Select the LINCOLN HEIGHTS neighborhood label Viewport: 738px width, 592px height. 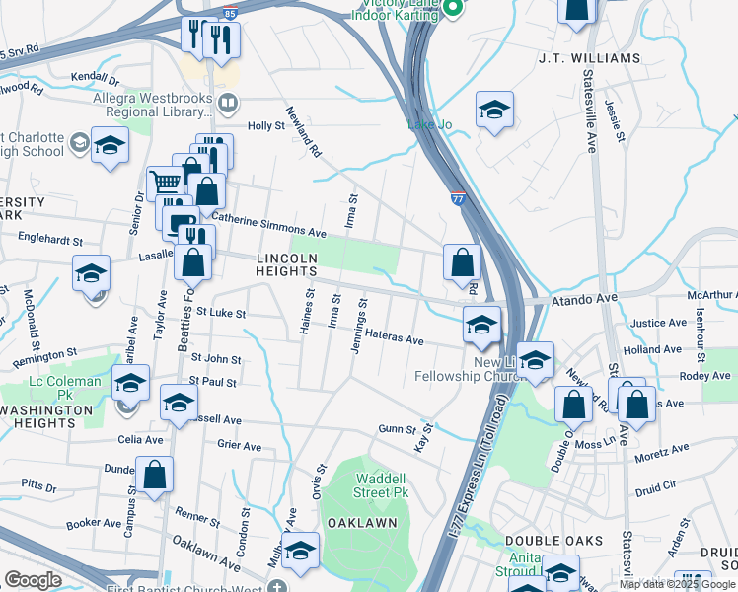(x=286, y=263)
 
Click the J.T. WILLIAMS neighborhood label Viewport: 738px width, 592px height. (x=589, y=58)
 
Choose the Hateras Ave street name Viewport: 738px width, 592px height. (x=394, y=339)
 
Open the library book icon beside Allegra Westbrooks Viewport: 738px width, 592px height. (x=228, y=102)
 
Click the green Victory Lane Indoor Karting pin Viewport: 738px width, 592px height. (x=452, y=8)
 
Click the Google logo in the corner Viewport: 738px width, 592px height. (x=32, y=579)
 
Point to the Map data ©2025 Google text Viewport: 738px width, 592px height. (x=678, y=583)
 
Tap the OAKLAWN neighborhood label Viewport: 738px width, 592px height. (x=361, y=522)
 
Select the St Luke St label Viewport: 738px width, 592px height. (x=219, y=313)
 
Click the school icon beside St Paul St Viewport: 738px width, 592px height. (x=179, y=402)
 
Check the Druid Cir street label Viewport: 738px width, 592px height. (x=657, y=484)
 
